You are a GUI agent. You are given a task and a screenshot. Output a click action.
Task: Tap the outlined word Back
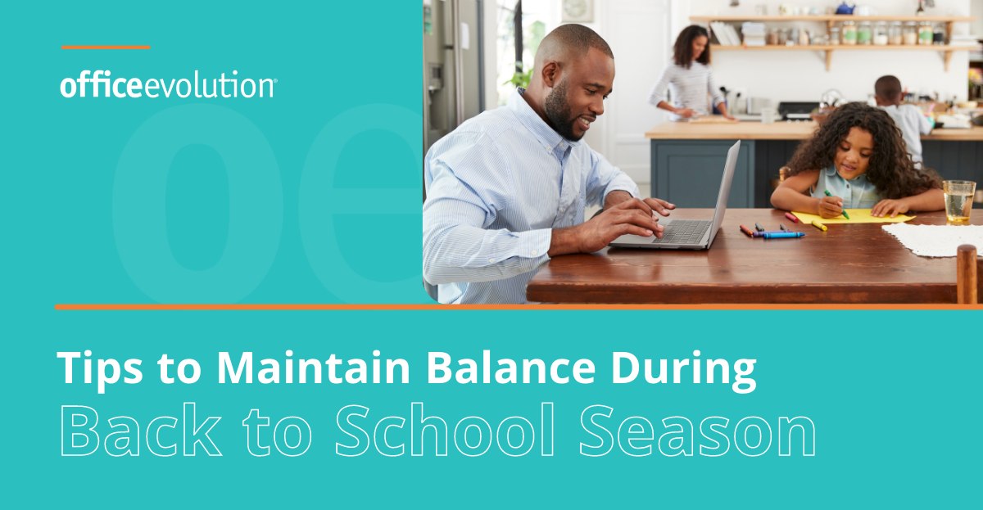point(140,431)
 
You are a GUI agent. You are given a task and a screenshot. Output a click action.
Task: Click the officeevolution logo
point(168,84)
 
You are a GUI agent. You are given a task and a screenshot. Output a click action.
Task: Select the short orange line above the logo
point(106,47)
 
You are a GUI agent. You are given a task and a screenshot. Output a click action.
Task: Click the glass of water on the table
point(958,202)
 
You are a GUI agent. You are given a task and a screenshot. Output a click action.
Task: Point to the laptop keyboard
point(682,231)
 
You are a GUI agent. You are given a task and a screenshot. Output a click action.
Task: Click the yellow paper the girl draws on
point(854,217)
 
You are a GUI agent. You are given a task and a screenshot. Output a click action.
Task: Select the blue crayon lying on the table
point(784,236)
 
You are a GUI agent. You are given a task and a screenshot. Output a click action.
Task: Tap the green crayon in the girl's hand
point(836,205)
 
